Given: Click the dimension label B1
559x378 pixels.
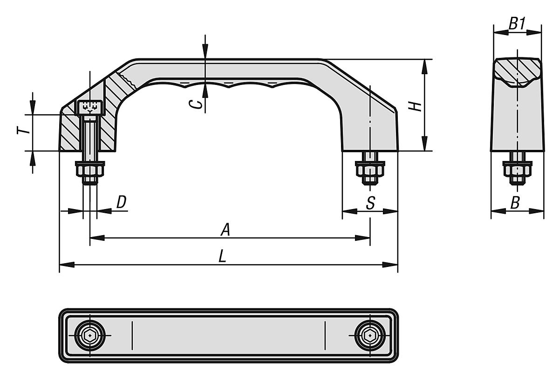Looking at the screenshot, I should coord(517,24).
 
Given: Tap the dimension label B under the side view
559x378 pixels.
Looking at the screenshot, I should coord(515,203).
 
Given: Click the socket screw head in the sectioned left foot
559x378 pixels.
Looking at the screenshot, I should coord(89,107).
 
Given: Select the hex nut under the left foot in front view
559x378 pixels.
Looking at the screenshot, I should coord(90,171).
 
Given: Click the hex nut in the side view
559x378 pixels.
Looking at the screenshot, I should coord(517,171).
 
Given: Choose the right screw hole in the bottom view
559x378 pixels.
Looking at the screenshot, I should coord(369,335).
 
